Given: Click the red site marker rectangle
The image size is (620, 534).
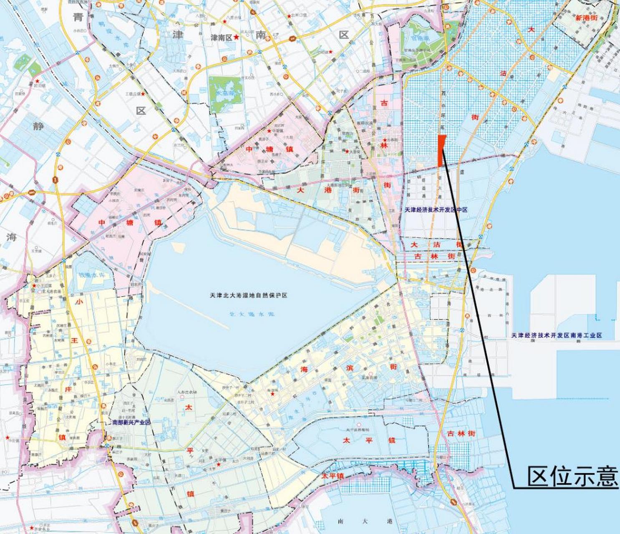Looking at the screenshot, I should (441, 151).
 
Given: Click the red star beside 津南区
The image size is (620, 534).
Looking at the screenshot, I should (237, 37).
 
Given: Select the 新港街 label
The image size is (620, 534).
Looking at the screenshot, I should (587, 18).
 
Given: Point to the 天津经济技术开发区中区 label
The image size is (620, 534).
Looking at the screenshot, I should (436, 210).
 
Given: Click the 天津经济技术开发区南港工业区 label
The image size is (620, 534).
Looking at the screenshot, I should (557, 335).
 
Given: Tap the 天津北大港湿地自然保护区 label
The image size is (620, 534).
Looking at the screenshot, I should (249, 295).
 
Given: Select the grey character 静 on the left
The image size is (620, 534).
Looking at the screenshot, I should (38, 126).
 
